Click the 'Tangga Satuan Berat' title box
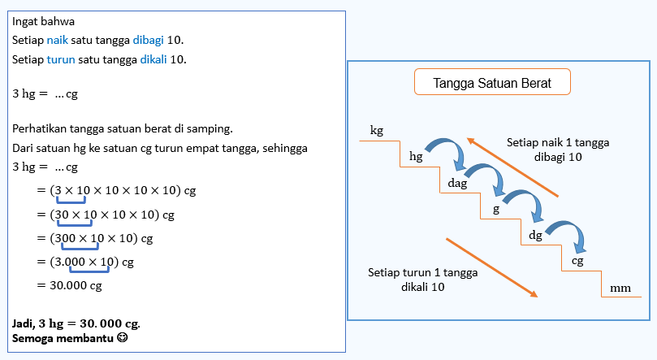pyautogui.click(x=492, y=82)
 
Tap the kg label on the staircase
pyautogui.click(x=377, y=130)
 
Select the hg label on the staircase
pyautogui.click(x=416, y=156)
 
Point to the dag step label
pyautogui.click(x=457, y=183)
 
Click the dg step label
pyautogui.click(x=535, y=235)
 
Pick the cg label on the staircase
pyautogui.click(x=577, y=261)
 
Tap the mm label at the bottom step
pyautogui.click(x=620, y=288)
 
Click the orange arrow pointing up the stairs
pyautogui.click(x=512, y=167)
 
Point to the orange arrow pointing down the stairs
pyautogui.click(x=491, y=268)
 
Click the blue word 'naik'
pyautogui.click(x=58, y=41)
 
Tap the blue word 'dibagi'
pyautogui.click(x=148, y=41)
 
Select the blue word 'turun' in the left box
pyautogui.click(x=61, y=59)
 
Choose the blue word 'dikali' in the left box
pyautogui.click(x=153, y=59)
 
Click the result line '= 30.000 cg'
pyautogui.click(x=69, y=285)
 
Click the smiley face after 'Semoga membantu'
pyautogui.click(x=123, y=337)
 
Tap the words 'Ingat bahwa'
pyautogui.click(x=43, y=21)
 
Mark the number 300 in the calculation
pyautogui.click(x=65, y=238)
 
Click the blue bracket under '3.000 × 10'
pyautogui.click(x=89, y=269)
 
